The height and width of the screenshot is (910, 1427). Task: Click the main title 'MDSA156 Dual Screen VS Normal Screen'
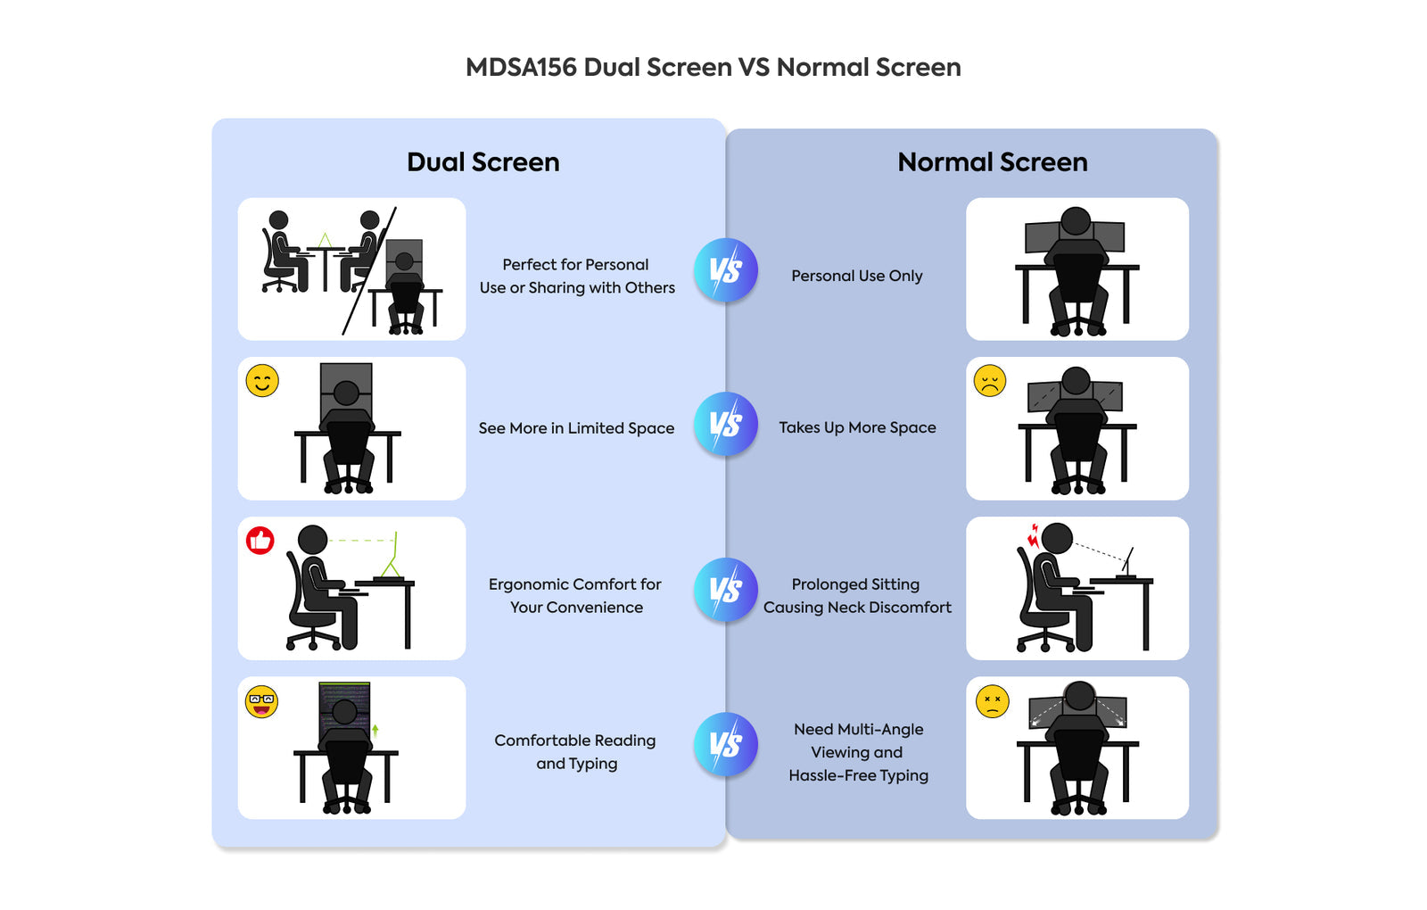713,67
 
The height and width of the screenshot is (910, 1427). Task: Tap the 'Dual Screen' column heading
483,161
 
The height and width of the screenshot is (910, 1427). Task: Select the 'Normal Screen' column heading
992,161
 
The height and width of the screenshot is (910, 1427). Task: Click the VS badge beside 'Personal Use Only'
726,270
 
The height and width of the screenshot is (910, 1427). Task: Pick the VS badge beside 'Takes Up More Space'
726,424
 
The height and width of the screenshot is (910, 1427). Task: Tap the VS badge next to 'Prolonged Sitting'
726,590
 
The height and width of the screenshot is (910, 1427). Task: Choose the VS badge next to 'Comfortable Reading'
726,744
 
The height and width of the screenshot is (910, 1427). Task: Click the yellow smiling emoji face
262,381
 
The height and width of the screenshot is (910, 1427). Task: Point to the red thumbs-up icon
260,541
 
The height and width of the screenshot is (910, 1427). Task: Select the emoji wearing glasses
261,702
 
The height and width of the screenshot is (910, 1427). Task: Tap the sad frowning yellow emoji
990,381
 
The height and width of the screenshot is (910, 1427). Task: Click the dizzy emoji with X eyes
992,701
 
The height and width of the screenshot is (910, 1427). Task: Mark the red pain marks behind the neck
1033,535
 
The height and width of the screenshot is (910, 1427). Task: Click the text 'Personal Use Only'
856,276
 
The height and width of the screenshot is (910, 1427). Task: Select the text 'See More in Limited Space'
576,428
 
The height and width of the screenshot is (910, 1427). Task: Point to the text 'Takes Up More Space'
857,427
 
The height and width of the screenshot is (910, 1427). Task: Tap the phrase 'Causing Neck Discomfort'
857,608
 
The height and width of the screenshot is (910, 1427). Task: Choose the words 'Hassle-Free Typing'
858,776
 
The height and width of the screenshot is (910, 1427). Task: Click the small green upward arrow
375,731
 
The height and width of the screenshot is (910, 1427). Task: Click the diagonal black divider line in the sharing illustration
369,271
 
